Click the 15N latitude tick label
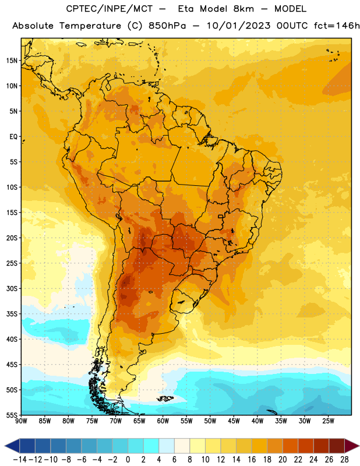(x=12, y=61)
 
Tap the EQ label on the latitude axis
(x=13, y=137)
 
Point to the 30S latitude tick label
(x=12, y=288)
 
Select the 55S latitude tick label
(x=12, y=415)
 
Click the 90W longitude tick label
(x=21, y=421)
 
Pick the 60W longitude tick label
(x=163, y=421)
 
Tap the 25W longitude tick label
(x=329, y=421)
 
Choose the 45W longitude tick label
(x=234, y=421)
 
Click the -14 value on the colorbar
(x=20, y=460)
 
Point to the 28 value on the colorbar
(x=344, y=460)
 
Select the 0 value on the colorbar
(x=128, y=460)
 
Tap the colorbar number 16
(x=252, y=460)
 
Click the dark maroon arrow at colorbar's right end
(x=351, y=446)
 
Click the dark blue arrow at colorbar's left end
(x=12, y=446)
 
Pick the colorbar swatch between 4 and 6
(x=167, y=446)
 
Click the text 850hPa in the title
(x=167, y=26)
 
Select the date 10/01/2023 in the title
(x=239, y=26)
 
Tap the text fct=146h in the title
(x=337, y=26)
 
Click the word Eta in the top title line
(x=186, y=9)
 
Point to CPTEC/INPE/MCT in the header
(x=110, y=9)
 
